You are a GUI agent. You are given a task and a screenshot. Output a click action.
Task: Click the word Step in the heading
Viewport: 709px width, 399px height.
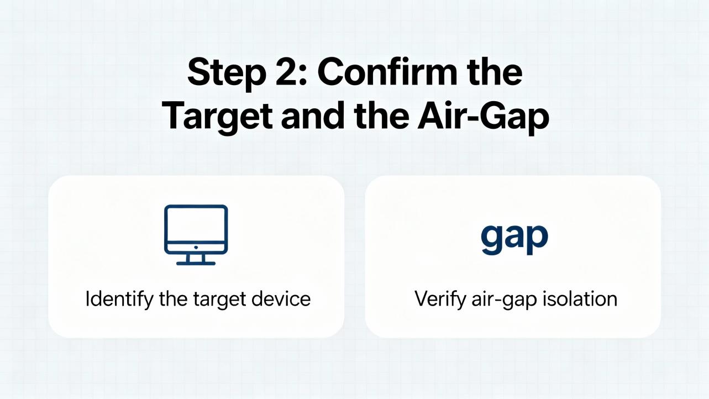click(227, 74)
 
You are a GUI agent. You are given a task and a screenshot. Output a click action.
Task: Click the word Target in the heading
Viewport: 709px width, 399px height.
click(218, 117)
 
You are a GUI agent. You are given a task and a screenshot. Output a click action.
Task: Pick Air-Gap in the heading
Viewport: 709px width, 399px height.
click(484, 118)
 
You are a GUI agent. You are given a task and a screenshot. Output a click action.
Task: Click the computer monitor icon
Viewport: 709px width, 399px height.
click(196, 235)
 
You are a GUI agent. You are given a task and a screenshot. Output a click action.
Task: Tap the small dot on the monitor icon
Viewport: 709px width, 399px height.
click(196, 247)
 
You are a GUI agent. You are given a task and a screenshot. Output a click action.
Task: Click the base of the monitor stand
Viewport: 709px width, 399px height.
click(196, 263)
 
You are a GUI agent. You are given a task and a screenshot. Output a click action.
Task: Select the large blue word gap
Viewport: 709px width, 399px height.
click(514, 239)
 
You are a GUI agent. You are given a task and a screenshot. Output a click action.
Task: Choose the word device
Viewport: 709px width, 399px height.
click(281, 298)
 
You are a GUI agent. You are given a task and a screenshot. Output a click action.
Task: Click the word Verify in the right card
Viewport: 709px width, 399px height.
click(440, 300)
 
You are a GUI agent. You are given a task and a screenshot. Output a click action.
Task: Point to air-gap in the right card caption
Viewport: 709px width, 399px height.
click(504, 300)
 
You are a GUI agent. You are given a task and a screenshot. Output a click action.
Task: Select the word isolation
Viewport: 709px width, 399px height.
click(580, 298)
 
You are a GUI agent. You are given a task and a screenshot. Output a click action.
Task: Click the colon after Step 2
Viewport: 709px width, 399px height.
click(303, 75)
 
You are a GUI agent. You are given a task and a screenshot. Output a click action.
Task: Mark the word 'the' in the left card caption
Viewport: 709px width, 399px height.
click(173, 298)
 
